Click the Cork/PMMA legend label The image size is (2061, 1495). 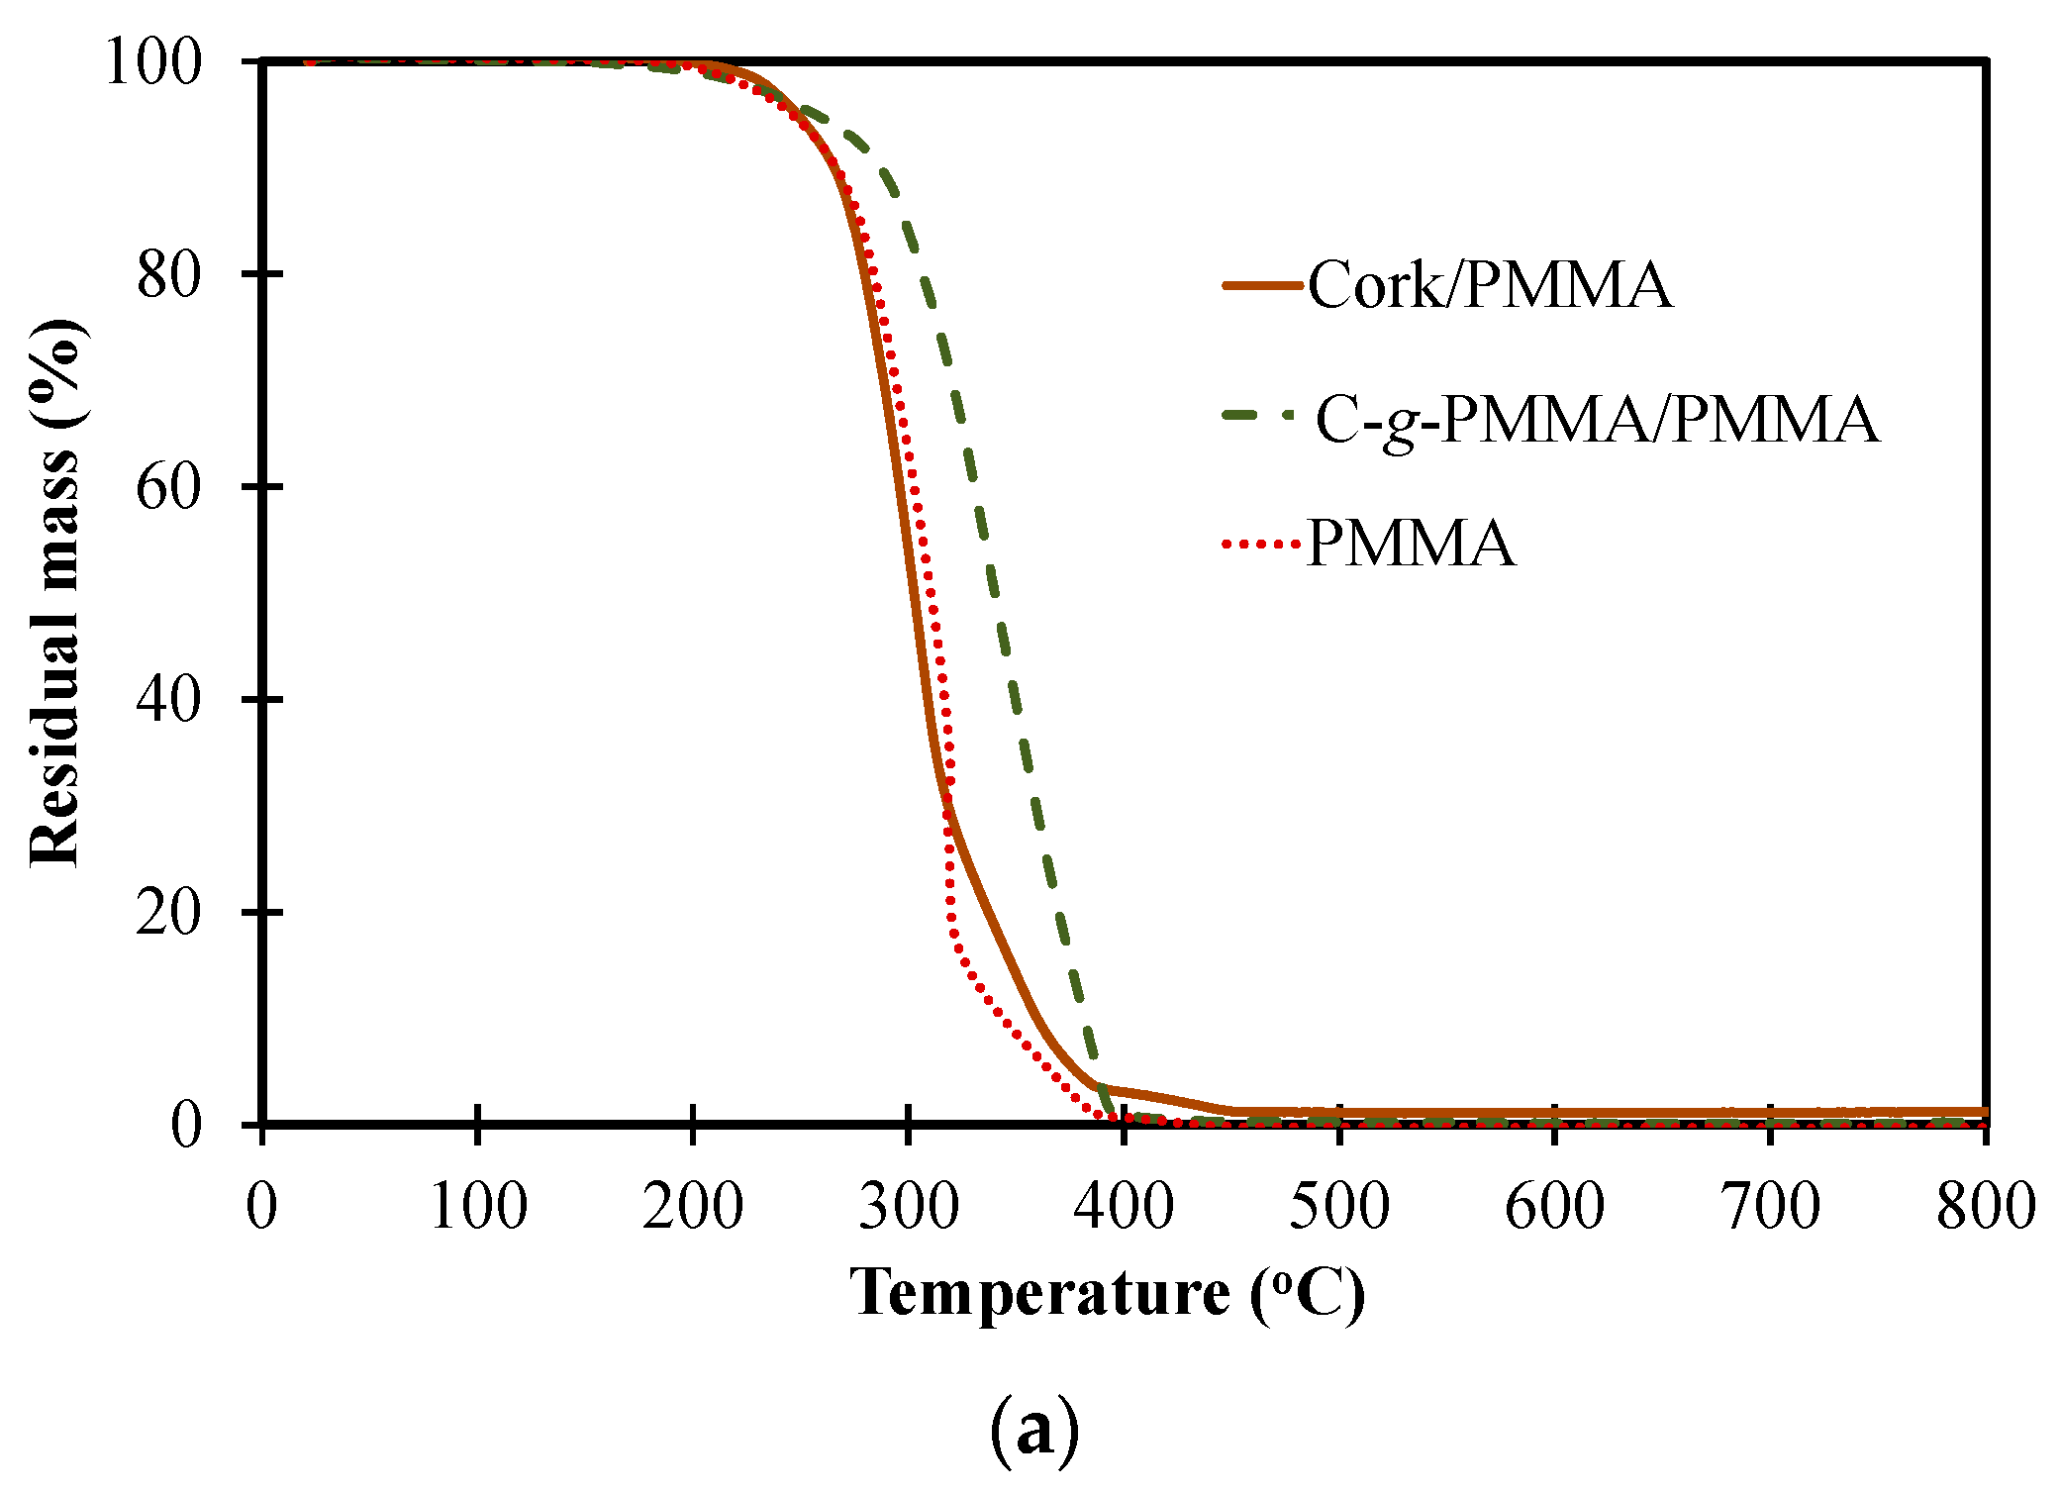[x=1490, y=285]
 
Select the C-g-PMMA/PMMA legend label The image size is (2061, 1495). [x=1597, y=420]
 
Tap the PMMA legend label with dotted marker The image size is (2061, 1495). [x=1411, y=544]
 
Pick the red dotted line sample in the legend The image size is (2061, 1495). [x=1261, y=544]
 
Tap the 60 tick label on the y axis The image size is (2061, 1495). [x=169, y=487]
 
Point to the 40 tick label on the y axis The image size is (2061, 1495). [x=169, y=699]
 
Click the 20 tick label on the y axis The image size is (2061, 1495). [x=169, y=912]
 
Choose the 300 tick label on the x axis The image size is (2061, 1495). [x=908, y=1207]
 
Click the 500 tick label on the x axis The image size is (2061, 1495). [x=1338, y=1207]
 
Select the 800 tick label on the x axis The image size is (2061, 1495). [x=1985, y=1207]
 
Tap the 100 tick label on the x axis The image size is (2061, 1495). [x=477, y=1207]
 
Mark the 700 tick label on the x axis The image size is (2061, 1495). [x=1770, y=1207]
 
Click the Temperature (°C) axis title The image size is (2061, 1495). [x=1108, y=1293]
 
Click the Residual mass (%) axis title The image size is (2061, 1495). [x=55, y=592]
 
